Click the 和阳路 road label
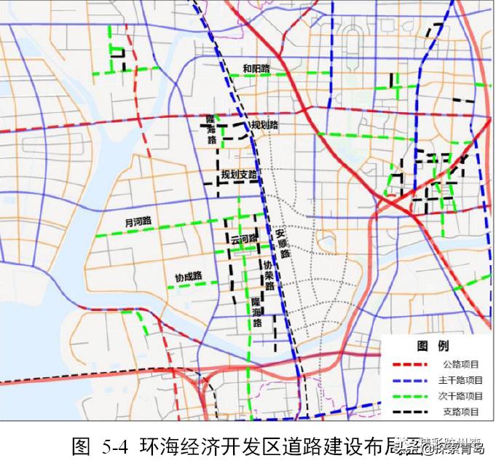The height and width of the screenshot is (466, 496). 256,68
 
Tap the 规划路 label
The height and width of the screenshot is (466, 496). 264,125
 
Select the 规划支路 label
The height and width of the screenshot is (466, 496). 240,175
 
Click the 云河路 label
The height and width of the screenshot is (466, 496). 244,239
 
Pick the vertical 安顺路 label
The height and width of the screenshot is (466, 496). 283,245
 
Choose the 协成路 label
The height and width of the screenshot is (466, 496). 187,277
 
